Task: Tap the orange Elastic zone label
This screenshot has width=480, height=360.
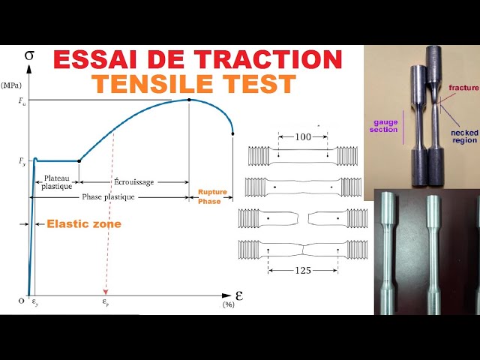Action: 83,223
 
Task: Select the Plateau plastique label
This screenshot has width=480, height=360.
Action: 57,181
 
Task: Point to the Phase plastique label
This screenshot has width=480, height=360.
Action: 109,197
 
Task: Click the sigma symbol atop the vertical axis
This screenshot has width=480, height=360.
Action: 28,55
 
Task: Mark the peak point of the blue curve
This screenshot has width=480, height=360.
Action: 188,99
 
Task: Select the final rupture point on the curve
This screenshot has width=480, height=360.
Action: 233,134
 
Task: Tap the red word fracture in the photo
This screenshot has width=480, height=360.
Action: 463,88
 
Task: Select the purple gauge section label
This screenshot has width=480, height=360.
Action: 383,124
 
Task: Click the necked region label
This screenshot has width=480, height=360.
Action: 464,136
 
